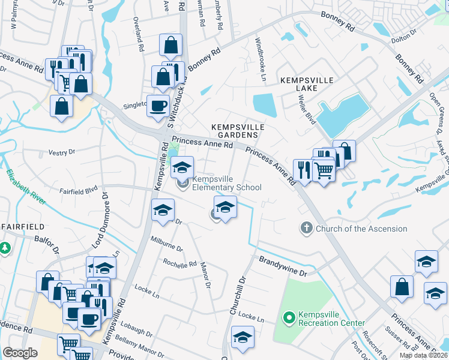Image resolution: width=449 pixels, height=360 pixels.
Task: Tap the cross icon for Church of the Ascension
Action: pyautogui.click(x=306, y=228)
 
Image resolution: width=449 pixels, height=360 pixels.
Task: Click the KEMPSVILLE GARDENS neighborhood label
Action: pyautogui.click(x=238, y=131)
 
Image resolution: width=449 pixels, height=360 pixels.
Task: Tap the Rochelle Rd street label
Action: pyautogui.click(x=180, y=263)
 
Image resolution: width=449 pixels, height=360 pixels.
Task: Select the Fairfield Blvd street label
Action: pyautogui.click(x=78, y=190)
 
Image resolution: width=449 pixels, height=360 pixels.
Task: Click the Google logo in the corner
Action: pyautogui.click(x=20, y=353)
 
